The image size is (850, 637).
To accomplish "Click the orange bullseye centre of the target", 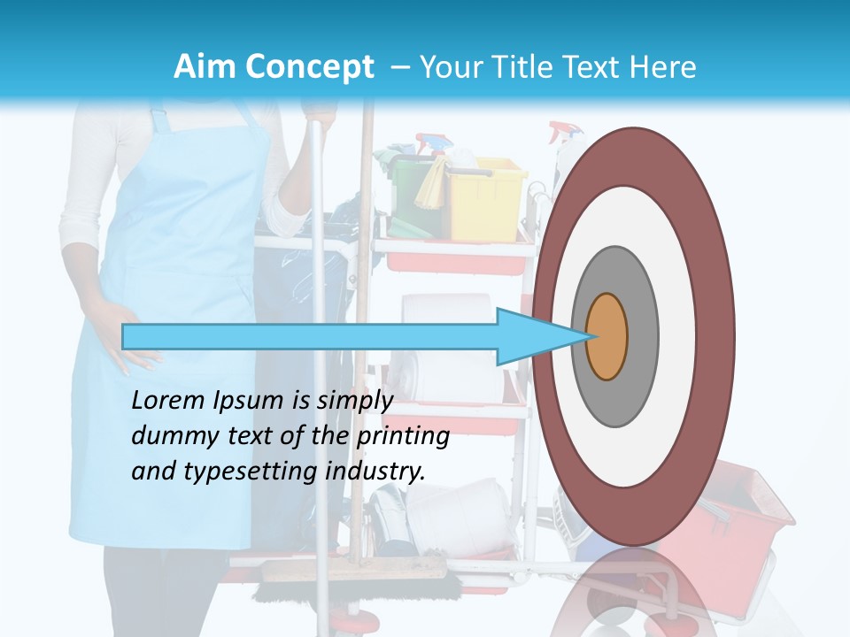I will pyautogui.click(x=607, y=336).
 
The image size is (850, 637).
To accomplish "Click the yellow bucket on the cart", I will pyautogui.click(x=487, y=198).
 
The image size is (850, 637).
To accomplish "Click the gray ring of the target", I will pyautogui.click(x=643, y=336).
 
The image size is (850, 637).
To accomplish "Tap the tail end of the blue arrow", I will pyautogui.click(x=125, y=336).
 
